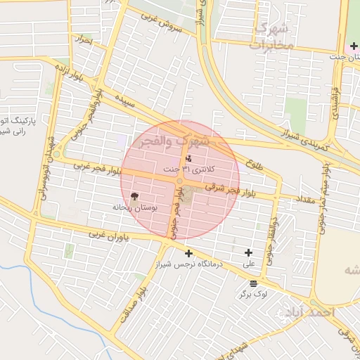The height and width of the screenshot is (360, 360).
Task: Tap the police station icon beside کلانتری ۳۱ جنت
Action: (x=188, y=159)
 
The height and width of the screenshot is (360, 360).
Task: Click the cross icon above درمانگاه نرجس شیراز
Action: (x=188, y=253)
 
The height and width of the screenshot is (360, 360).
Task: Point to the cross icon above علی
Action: (x=248, y=253)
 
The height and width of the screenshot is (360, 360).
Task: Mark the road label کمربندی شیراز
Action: (x=310, y=140)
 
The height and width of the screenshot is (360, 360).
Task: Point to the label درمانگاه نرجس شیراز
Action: (x=188, y=264)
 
